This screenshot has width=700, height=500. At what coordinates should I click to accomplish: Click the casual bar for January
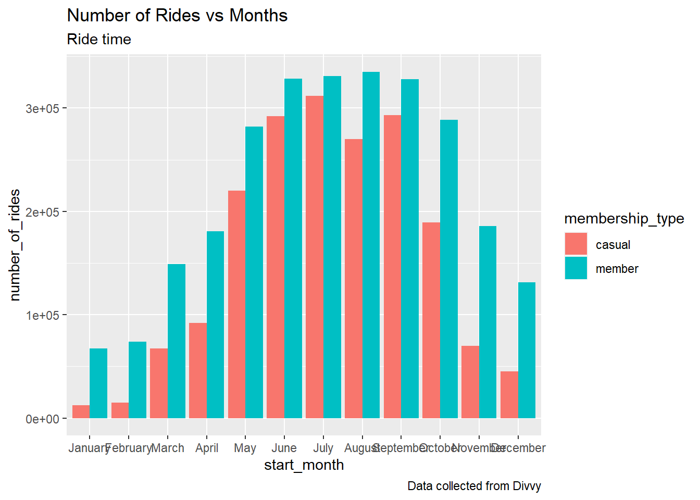(81, 412)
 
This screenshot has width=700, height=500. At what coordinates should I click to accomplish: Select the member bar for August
(371, 245)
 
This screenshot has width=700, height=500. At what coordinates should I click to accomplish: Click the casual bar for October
(431, 320)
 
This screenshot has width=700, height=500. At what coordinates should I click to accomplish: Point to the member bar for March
(177, 341)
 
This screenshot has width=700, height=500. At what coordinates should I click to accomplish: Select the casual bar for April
(198, 370)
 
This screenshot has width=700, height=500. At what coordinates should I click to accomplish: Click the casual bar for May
(237, 304)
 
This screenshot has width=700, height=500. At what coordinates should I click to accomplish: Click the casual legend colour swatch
(576, 244)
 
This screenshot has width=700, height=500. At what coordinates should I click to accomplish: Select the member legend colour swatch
(576, 268)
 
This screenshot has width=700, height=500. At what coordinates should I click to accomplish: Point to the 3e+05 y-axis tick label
(43, 108)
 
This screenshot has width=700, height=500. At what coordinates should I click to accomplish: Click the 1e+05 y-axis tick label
(43, 315)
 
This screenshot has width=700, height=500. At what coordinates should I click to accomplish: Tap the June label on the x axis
(284, 448)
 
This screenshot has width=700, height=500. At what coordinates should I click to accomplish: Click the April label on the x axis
(207, 448)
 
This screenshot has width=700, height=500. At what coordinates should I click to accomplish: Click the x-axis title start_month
(304, 465)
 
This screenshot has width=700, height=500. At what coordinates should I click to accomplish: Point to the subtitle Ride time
(99, 40)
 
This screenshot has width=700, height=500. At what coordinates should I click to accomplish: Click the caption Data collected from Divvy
(474, 486)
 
